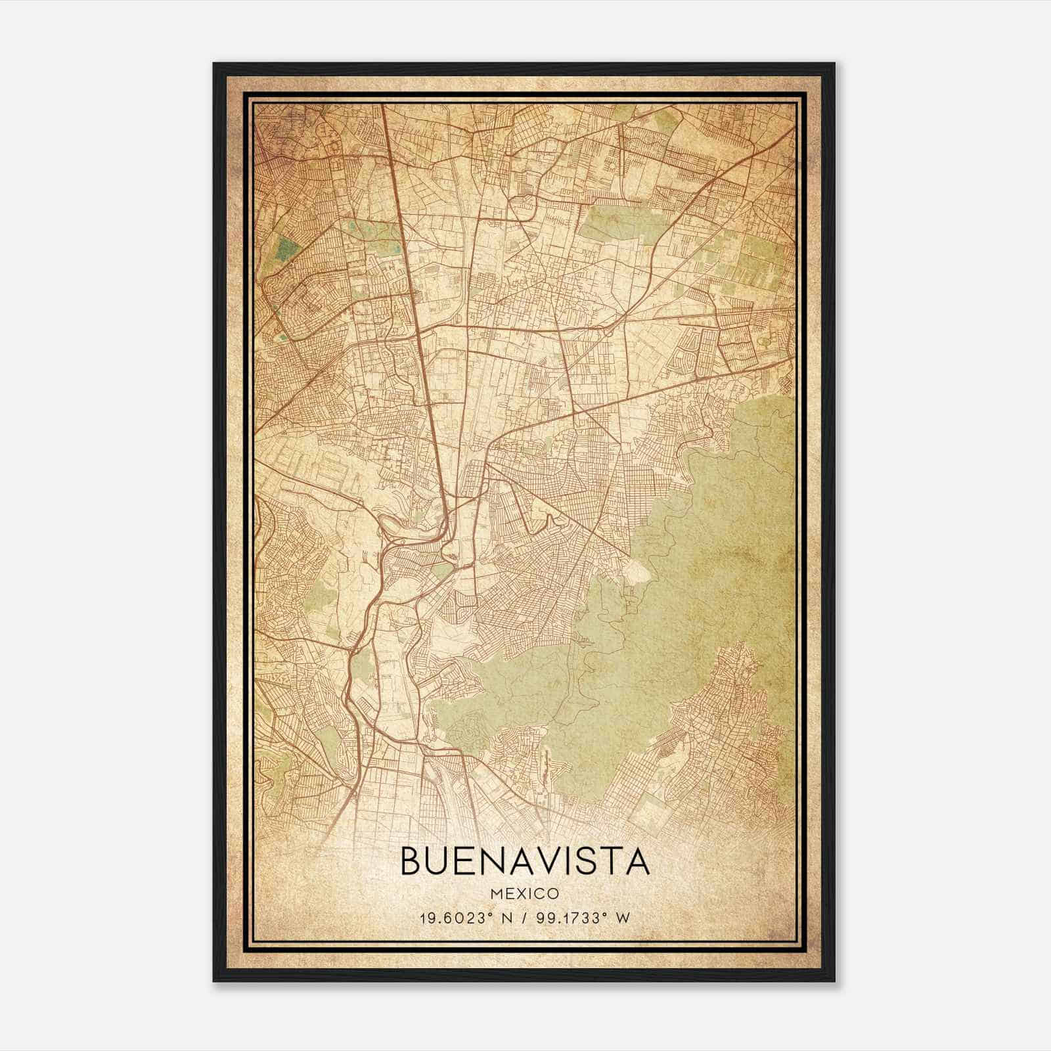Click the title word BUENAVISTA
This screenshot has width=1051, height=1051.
(x=525, y=862)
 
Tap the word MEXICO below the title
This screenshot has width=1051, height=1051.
(x=525, y=893)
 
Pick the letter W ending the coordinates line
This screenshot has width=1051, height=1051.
(x=624, y=918)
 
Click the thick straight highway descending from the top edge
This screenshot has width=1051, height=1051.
(x=401, y=230)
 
